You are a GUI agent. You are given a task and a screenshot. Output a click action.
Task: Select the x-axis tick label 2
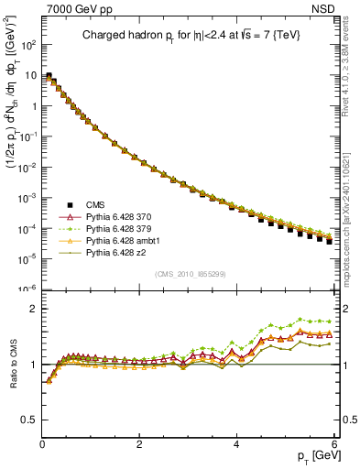(x=139, y=443)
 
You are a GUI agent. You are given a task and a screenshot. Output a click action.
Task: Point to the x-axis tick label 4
(x=236, y=443)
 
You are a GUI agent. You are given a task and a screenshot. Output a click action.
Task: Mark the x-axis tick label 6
(x=333, y=443)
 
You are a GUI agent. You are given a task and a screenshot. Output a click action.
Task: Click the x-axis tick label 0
(x=43, y=443)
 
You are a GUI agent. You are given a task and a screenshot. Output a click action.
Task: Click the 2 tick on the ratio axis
(x=33, y=309)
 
